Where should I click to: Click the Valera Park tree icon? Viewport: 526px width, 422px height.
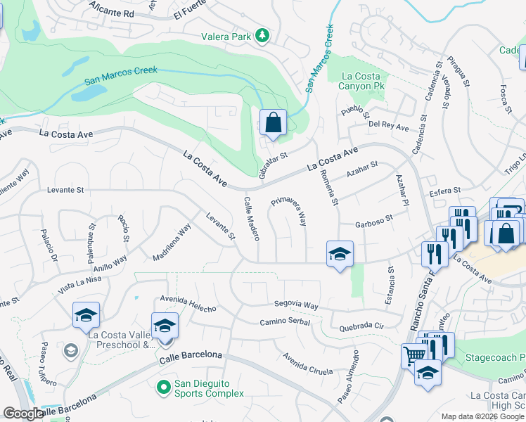click(x=262, y=35)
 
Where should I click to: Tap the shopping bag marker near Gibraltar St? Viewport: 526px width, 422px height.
click(x=273, y=123)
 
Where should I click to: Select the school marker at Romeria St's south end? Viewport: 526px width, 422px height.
click(x=340, y=254)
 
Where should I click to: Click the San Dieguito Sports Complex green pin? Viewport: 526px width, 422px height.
click(x=163, y=387)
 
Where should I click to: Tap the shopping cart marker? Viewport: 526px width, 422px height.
click(x=413, y=356)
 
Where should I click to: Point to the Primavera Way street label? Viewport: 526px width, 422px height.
click(x=289, y=210)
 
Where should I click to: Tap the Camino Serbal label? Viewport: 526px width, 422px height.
click(x=285, y=321)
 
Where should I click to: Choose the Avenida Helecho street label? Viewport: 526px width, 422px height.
click(x=188, y=304)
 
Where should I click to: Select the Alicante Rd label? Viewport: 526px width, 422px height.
click(x=112, y=13)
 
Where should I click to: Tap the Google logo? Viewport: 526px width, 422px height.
click(x=24, y=414)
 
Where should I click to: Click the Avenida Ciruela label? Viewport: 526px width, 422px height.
click(x=307, y=363)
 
